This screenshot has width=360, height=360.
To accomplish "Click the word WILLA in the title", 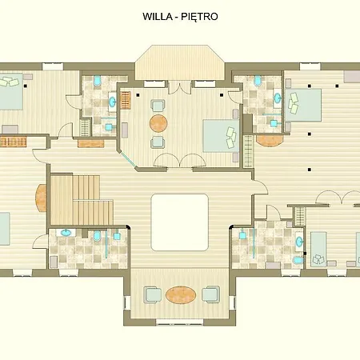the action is click(x=158, y=17).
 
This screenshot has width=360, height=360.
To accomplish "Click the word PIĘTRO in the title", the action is click(x=199, y=17).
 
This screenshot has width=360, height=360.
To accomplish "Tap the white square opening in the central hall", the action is click(x=180, y=222).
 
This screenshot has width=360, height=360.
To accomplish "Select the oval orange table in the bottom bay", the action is click(x=181, y=294).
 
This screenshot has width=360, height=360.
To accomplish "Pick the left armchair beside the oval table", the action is click(x=153, y=294).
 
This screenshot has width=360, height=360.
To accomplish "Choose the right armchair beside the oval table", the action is click(x=210, y=294).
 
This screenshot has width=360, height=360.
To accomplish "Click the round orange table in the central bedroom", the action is click(x=158, y=123).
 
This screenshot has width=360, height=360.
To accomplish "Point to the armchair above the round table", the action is click(x=158, y=106).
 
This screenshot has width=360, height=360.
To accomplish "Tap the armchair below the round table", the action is click(x=158, y=142).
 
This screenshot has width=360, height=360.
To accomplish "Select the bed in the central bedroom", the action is click(x=221, y=136).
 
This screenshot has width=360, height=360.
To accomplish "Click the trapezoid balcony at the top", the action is click(x=179, y=62).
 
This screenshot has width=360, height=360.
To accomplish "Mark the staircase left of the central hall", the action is click(x=82, y=200).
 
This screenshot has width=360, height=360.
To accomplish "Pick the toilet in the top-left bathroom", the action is click(x=98, y=81).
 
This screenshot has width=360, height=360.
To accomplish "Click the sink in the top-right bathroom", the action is click(x=278, y=98).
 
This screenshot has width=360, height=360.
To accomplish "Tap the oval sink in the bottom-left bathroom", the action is click(x=66, y=233).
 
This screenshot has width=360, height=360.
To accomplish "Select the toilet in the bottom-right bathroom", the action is click(x=298, y=260).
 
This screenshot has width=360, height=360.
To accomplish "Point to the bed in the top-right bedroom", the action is click(x=303, y=105).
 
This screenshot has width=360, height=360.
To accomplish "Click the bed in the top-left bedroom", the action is click(x=10, y=91).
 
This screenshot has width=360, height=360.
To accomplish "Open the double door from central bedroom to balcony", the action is click(x=180, y=87).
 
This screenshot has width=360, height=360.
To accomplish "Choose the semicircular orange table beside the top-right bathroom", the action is click(x=269, y=141).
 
